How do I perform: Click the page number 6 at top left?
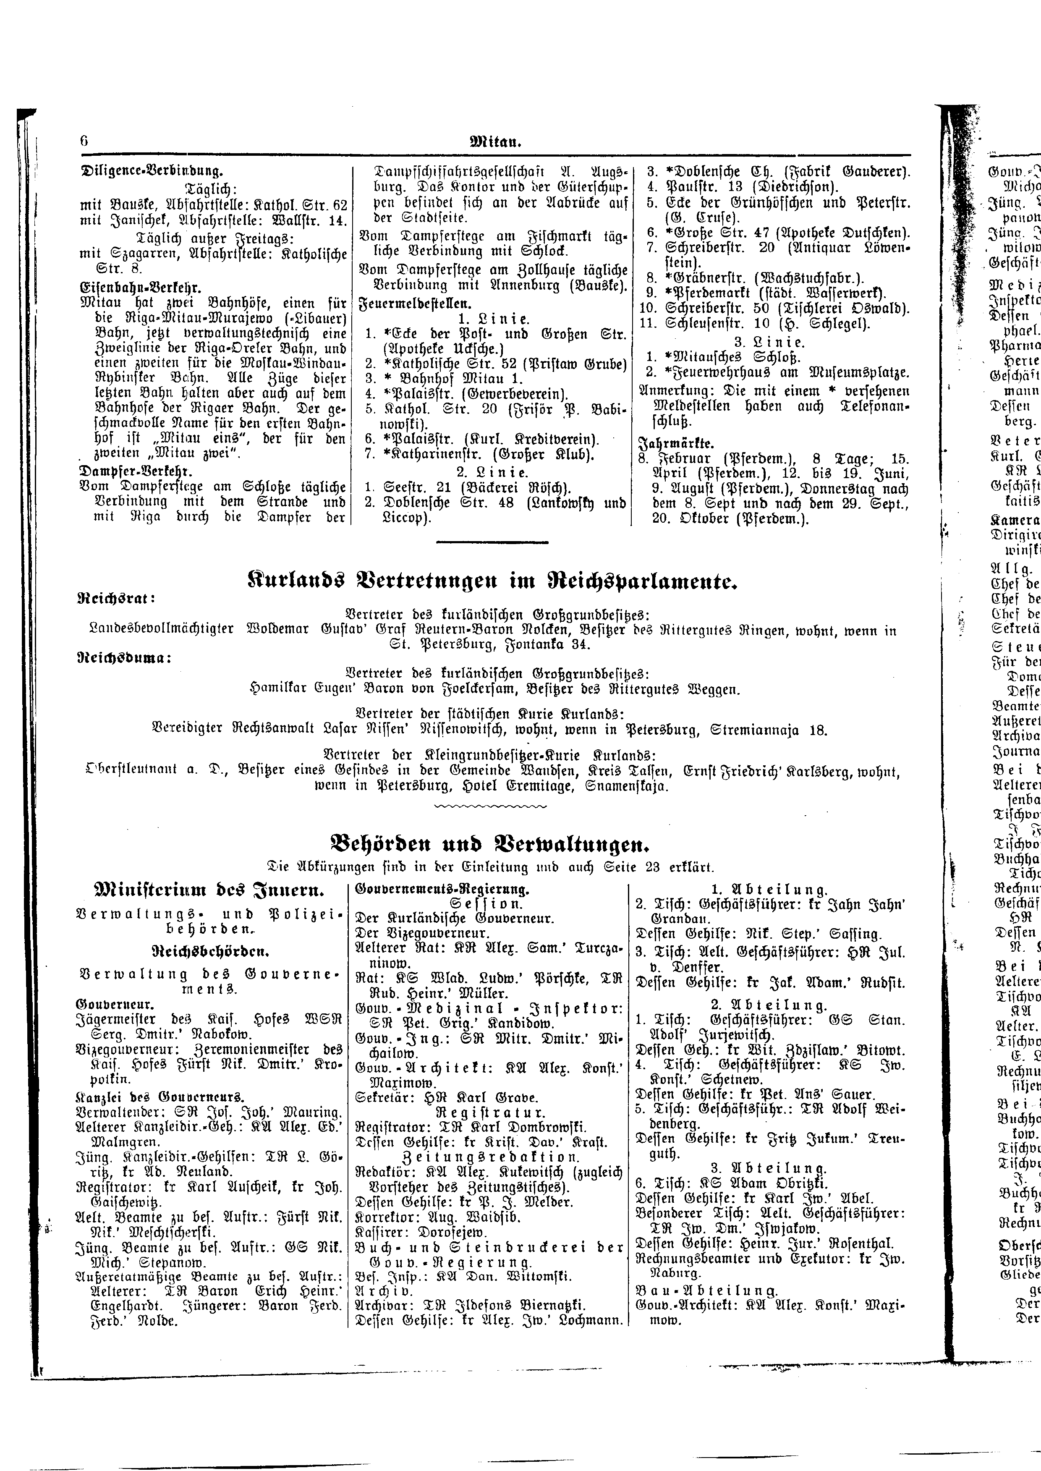[x=84, y=141]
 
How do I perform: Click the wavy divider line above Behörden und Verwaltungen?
[x=490, y=805]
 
